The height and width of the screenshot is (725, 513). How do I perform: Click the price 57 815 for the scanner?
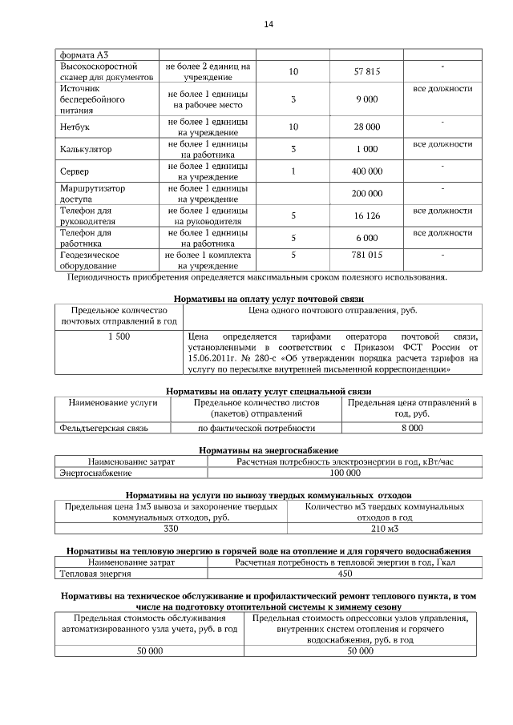click(x=366, y=72)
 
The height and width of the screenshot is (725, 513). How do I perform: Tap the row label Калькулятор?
click(x=86, y=149)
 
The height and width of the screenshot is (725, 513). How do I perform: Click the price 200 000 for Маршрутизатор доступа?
click(x=367, y=194)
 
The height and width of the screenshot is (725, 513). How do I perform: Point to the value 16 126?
click(x=366, y=216)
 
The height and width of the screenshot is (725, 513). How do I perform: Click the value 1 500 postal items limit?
click(x=119, y=336)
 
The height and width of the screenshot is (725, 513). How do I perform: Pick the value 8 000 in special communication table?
click(x=411, y=429)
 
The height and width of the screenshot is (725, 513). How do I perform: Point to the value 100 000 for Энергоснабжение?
click(x=345, y=474)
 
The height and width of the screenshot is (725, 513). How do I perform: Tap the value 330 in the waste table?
click(x=171, y=530)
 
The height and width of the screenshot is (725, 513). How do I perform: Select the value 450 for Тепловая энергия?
click(x=345, y=574)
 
